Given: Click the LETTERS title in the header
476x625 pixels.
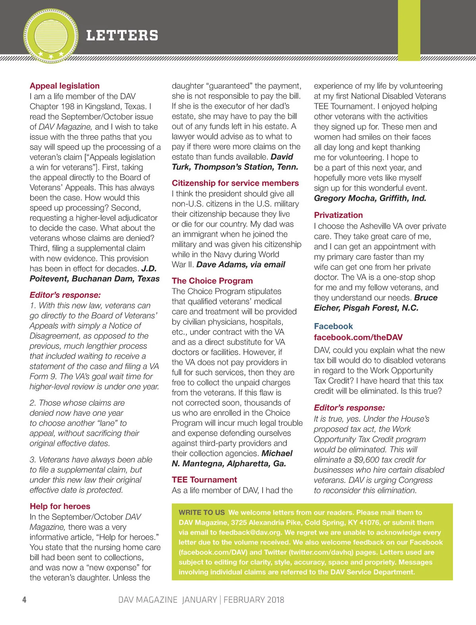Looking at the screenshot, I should (122, 36).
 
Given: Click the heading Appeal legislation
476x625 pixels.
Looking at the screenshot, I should (65, 86).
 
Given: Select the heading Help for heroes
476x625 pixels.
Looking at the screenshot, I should (60, 506).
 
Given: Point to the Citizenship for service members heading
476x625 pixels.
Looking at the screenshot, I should (235, 183).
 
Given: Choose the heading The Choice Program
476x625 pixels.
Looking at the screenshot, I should (212, 281).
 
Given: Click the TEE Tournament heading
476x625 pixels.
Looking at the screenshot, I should (204, 480).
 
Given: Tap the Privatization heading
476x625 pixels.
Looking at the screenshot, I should (338, 215).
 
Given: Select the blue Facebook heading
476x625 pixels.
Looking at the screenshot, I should (333, 326).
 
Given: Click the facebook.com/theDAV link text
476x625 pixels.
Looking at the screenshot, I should (358, 337).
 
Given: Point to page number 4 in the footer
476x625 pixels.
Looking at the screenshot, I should (24, 600).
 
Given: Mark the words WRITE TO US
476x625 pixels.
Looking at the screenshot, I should (202, 513).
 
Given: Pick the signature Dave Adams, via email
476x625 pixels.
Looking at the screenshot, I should (241, 264).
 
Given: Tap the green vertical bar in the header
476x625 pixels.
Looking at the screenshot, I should (409, 30).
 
